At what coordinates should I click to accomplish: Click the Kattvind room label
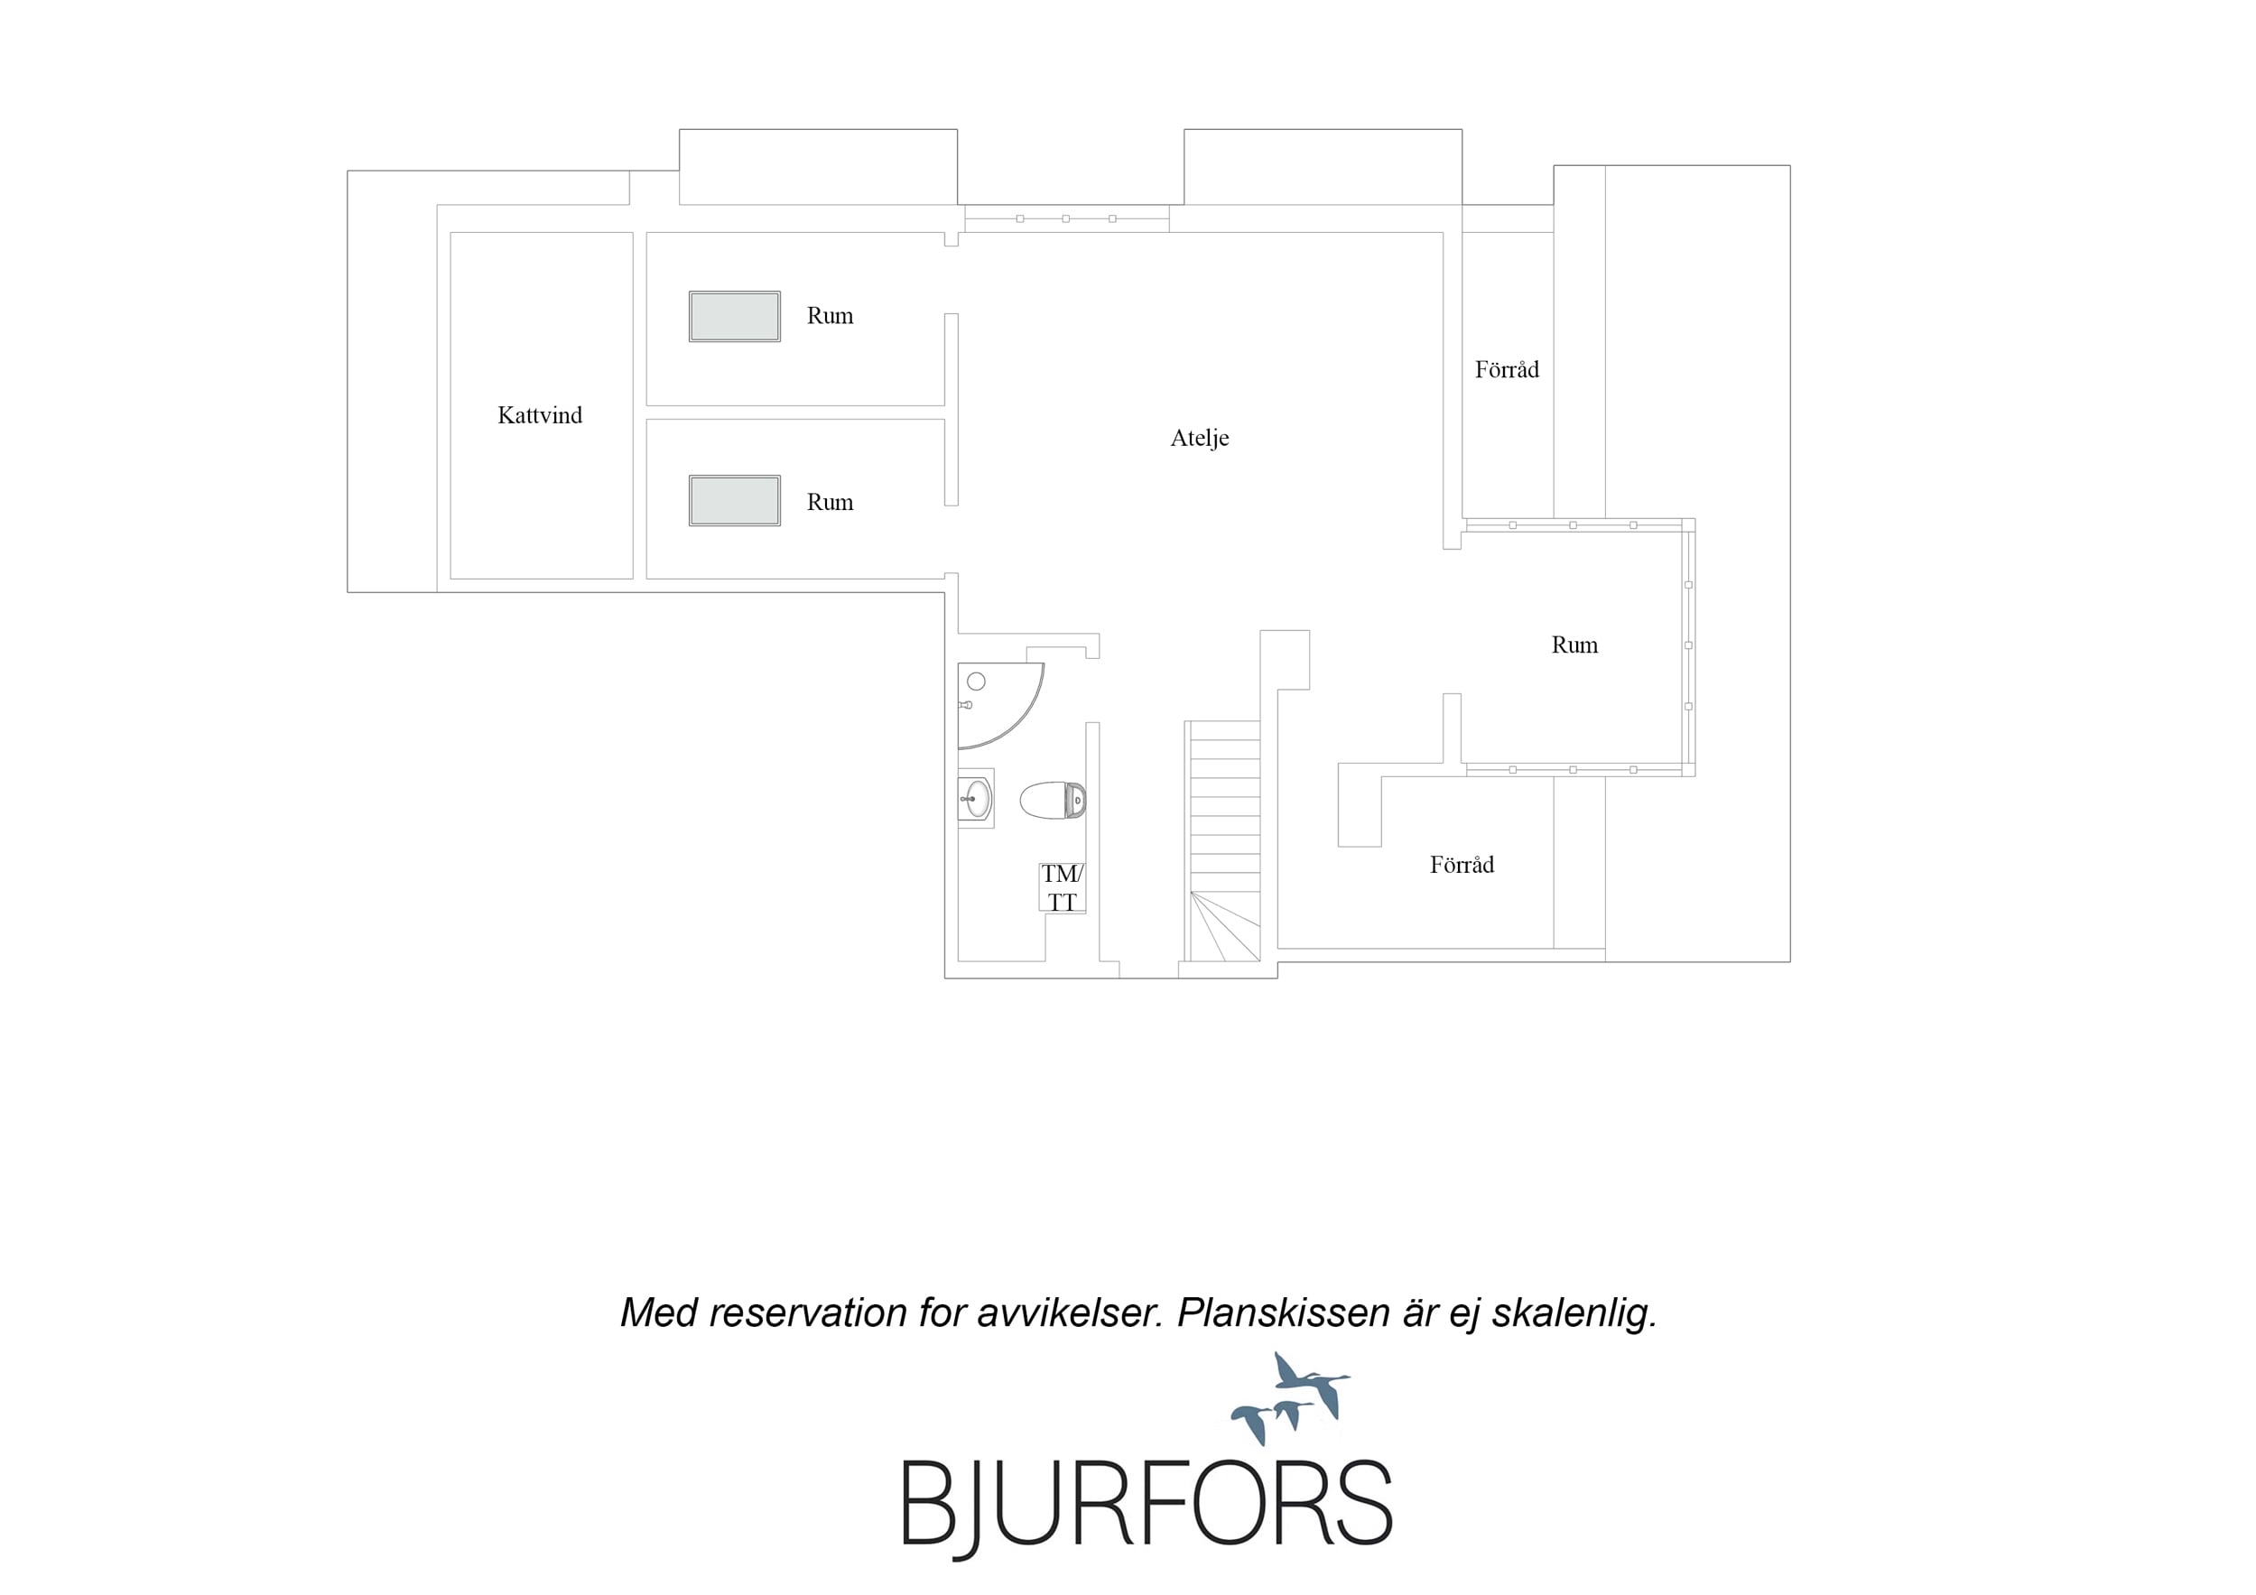coord(540,416)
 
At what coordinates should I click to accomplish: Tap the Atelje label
coord(1199,439)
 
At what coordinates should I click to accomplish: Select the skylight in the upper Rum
coord(735,317)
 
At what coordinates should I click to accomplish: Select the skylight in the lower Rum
coord(735,501)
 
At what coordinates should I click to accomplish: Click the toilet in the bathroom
coord(1053,800)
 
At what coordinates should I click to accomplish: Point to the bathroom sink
coord(976,798)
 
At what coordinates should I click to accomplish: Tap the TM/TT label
coord(1063,887)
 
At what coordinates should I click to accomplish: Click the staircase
coord(1223,841)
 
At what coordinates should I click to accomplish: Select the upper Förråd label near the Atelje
coord(1507,369)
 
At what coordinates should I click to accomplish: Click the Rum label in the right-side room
coord(1574,644)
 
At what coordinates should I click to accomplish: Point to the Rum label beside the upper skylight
coord(830,315)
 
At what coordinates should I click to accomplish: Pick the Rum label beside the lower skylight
coord(830,502)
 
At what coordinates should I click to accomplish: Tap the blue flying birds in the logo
coord(1291,1397)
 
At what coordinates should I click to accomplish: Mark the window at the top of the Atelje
coord(1066,218)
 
